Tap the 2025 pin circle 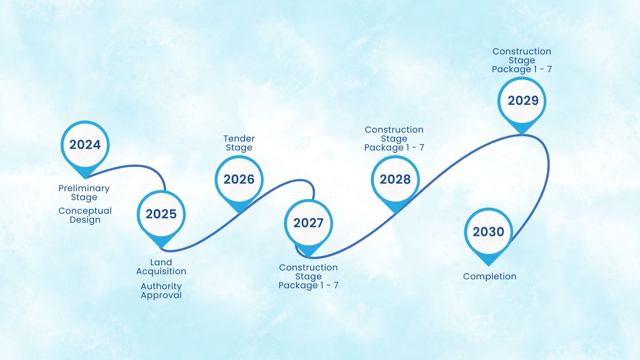click(161, 215)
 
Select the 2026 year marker click(239, 180)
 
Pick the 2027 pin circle click(308, 223)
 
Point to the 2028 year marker click(395, 180)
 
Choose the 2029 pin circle click(522, 101)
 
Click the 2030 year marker click(489, 232)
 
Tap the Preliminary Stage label click(84, 193)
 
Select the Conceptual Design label click(85, 215)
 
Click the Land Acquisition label click(161, 267)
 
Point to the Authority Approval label click(161, 291)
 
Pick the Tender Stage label click(239, 143)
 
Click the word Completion click(490, 277)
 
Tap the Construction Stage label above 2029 click(522, 60)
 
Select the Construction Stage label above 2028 click(394, 139)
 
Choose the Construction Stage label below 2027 click(308, 277)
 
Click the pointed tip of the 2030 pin click(489, 266)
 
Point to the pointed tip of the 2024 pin click(85, 179)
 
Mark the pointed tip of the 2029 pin click(522, 135)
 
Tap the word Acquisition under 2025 click(161, 271)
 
